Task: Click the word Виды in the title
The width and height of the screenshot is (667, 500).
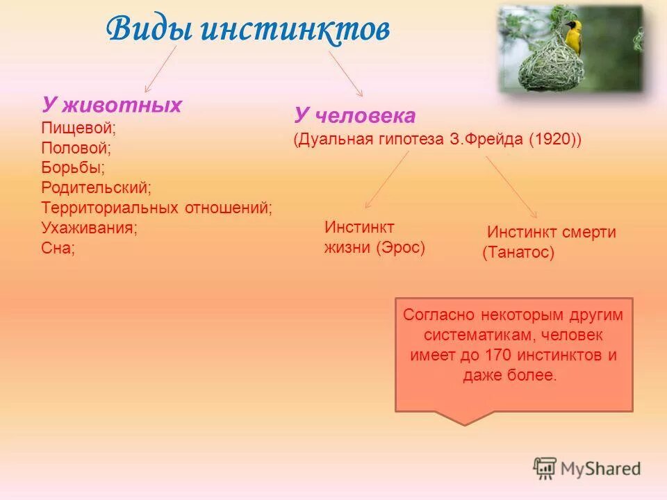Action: pos(149,28)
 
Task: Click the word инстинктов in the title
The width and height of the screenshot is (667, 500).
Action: pos(295,29)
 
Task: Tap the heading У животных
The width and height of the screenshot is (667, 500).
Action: pos(111,105)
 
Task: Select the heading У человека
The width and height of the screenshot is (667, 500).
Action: pos(355,115)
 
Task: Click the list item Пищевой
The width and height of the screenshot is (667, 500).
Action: pos(79,128)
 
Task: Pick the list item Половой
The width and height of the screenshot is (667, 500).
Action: pos(76,148)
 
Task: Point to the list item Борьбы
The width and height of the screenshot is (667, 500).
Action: pos(73,167)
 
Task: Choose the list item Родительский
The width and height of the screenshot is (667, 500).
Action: pos(96,187)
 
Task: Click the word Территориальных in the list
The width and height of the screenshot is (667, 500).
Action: pos(110,208)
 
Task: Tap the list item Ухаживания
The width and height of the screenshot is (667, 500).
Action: pos(90,228)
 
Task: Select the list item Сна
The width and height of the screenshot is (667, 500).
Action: pos(58,248)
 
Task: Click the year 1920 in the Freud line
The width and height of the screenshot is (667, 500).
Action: pos(551,139)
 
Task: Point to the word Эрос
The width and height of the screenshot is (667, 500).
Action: pos(400,247)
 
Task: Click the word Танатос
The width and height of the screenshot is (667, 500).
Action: pos(518,252)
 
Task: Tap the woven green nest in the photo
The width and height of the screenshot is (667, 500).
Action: pos(550,65)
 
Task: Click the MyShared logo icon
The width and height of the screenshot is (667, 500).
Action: pos(545,468)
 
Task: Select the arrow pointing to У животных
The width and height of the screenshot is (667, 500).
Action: pos(160,69)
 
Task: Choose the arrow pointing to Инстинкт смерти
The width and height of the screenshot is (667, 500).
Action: pos(511,187)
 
